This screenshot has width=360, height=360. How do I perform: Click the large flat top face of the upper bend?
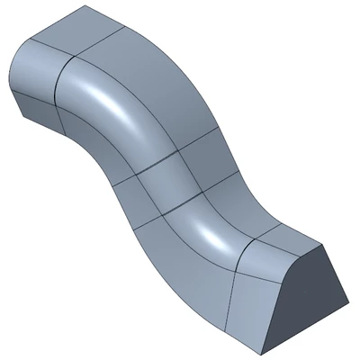[157, 90]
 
